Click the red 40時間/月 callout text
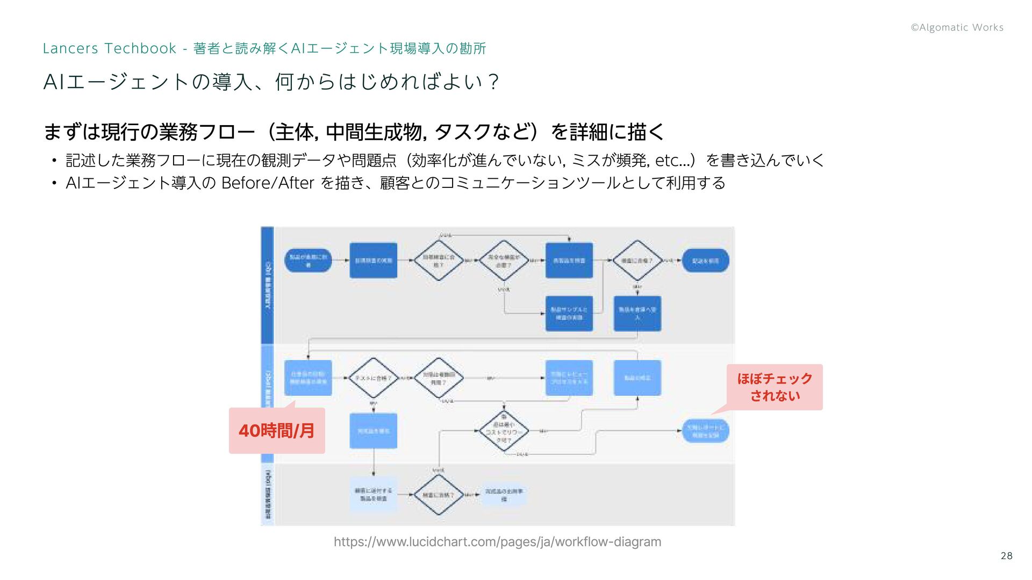click(276, 431)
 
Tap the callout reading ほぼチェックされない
click(775, 387)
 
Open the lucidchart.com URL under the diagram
click(497, 542)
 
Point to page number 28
click(1006, 556)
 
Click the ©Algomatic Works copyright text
click(957, 27)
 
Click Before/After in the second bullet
click(267, 183)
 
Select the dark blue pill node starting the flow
click(308, 260)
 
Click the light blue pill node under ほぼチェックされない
click(705, 431)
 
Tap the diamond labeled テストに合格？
click(373, 378)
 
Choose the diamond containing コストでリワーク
click(504, 431)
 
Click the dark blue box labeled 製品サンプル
click(569, 314)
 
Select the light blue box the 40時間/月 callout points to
click(308, 378)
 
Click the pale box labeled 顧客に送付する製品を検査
click(373, 494)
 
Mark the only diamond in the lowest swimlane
click(439, 495)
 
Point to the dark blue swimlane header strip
click(267, 285)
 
